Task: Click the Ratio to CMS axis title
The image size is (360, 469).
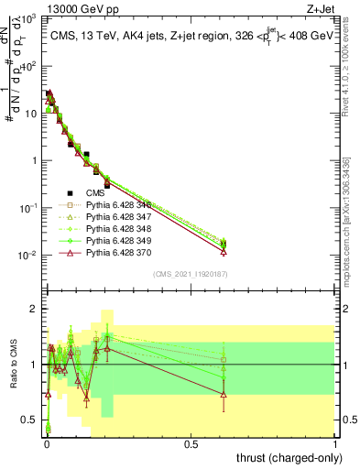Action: click(14, 365)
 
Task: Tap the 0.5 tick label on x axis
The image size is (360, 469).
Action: click(191, 442)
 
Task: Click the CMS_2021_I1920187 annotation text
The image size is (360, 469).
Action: click(191, 273)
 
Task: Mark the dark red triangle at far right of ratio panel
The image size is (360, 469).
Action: click(224, 394)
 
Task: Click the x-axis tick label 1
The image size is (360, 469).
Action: click(335, 442)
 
